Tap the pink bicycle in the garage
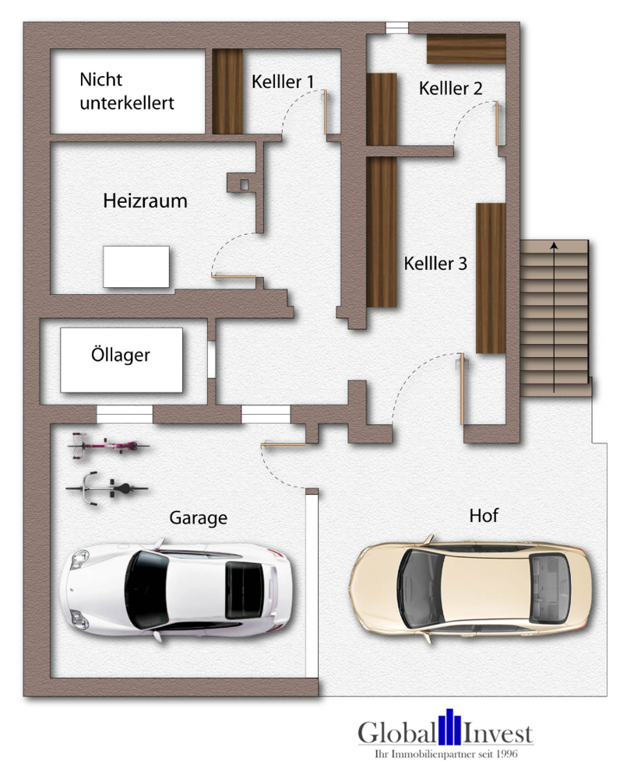[108, 447]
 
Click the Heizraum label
[145, 201]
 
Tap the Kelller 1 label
[283, 82]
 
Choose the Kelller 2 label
[450, 89]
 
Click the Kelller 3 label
[435, 264]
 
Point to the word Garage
[198, 517]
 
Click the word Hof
[483, 515]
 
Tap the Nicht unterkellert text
[126, 91]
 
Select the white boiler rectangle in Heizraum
[136, 266]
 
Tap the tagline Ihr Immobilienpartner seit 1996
[446, 754]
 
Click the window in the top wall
[396, 28]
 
